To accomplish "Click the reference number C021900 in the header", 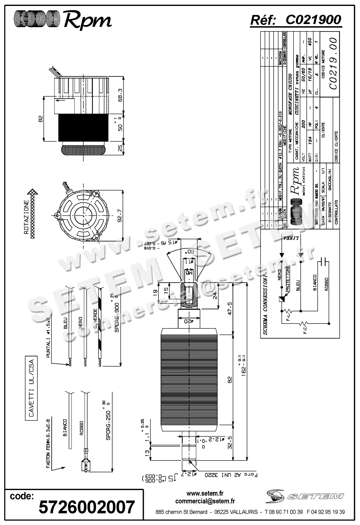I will (313, 20).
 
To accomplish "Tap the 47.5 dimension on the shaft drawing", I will (230, 308).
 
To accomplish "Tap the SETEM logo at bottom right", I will (304, 496).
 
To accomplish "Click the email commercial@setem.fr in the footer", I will (205, 501).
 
